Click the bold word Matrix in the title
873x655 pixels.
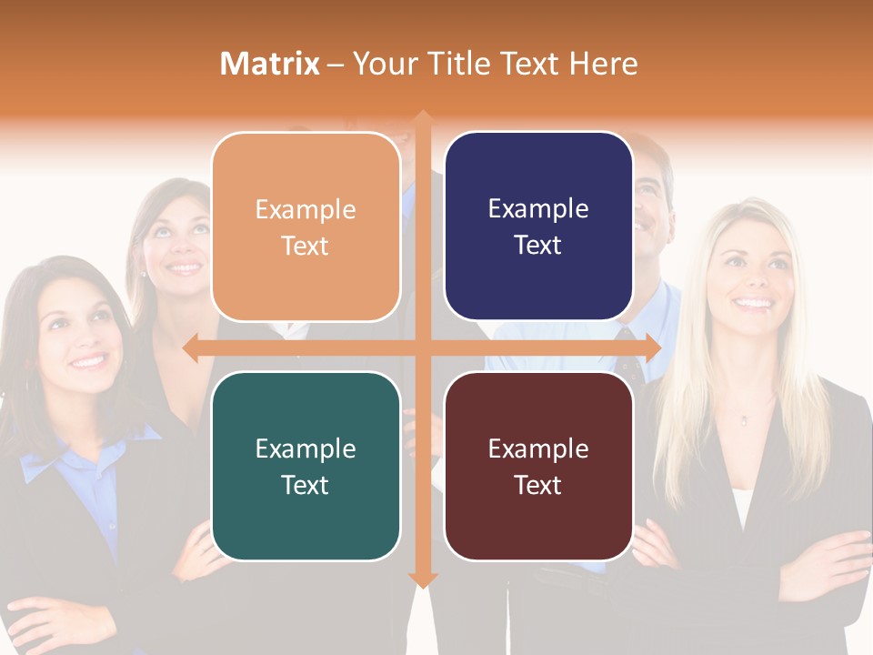270,64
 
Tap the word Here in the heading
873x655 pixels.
603,64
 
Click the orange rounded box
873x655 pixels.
306,227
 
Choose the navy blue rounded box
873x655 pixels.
538,227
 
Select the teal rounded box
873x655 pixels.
306,466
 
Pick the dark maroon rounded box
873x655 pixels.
538,466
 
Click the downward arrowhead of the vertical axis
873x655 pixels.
422,579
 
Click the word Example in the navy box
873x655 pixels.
538,209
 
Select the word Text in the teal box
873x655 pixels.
306,485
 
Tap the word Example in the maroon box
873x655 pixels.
538,448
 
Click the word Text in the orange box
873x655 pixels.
306,246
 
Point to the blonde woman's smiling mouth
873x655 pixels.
752,303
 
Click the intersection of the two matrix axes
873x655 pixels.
422,348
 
